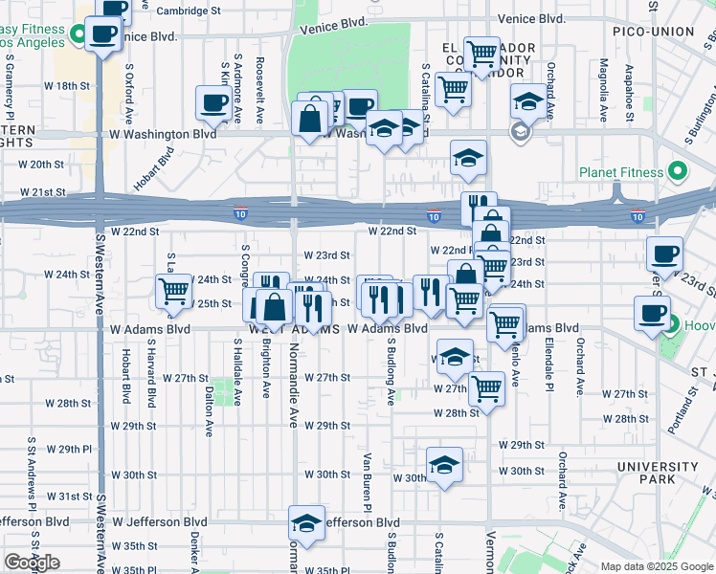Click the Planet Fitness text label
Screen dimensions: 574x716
[x=621, y=172]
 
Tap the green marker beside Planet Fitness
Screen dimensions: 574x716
[x=678, y=172]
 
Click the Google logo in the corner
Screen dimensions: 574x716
[x=32, y=562]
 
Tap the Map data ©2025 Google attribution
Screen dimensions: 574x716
[x=657, y=566]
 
